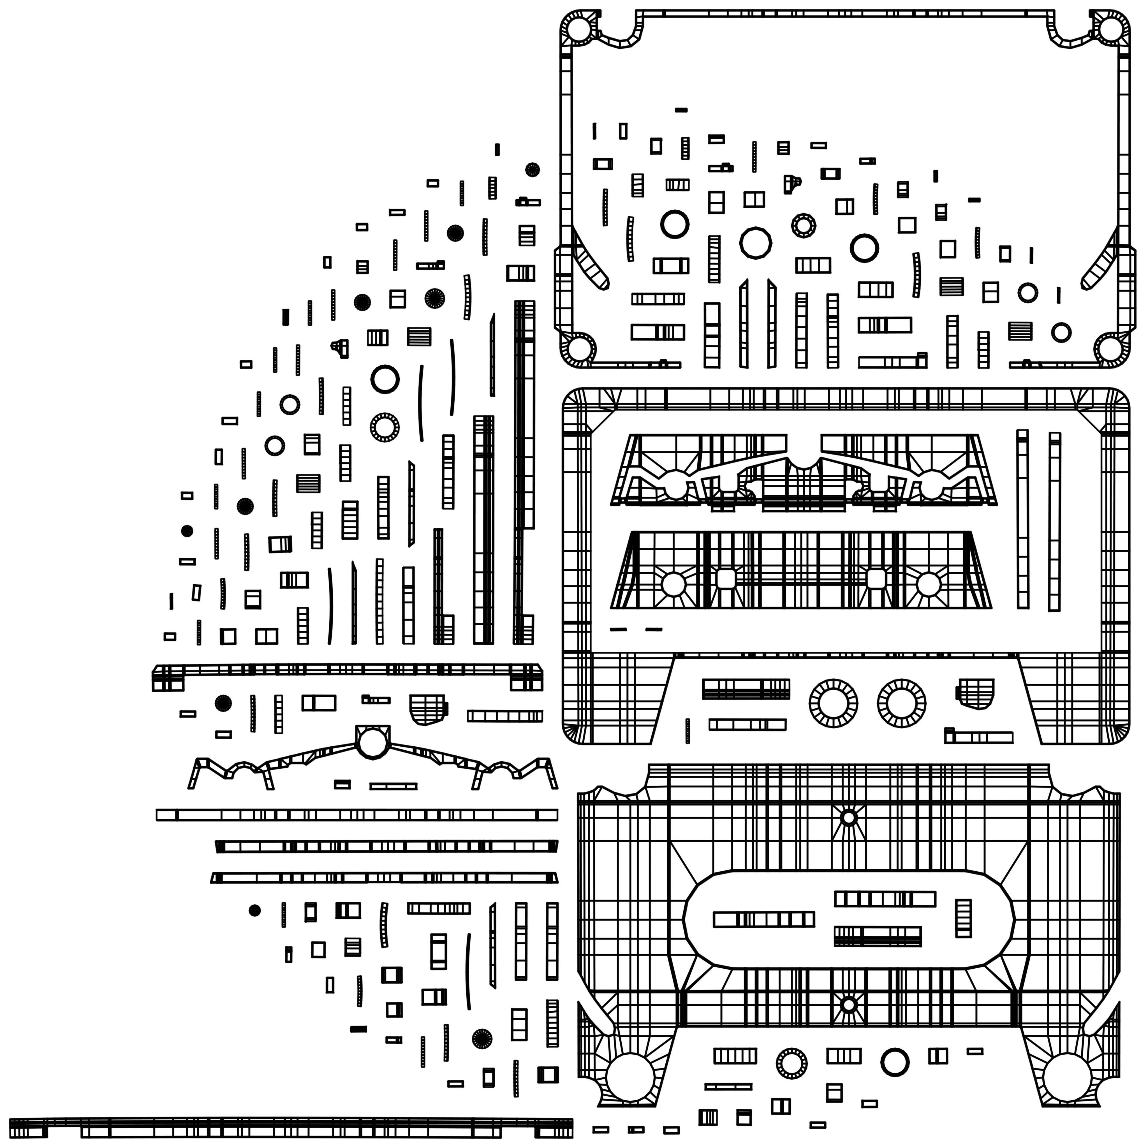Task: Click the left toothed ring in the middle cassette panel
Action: pyautogui.click(x=834, y=703)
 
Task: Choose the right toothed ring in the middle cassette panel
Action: pyautogui.click(x=902, y=703)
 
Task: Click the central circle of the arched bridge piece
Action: pyautogui.click(x=372, y=742)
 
